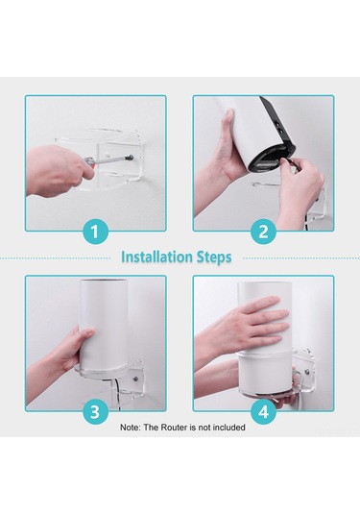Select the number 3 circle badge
pyautogui.click(x=95, y=411)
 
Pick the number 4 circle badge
pyautogui.click(x=263, y=411)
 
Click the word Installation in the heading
pyautogui.click(x=159, y=257)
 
